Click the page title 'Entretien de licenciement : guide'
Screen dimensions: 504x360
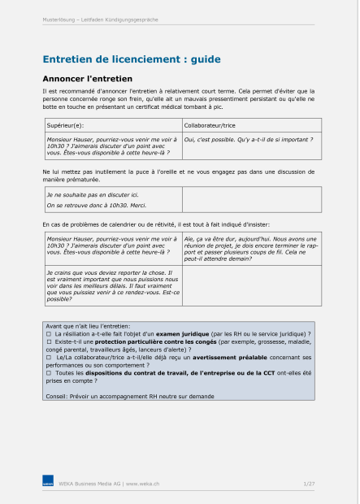(x=131, y=59)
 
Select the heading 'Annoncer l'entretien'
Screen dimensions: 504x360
(x=86, y=78)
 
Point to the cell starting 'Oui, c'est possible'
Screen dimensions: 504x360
(x=249, y=139)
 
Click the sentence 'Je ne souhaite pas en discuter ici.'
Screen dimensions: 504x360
(x=92, y=195)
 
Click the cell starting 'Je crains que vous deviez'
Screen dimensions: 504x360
(x=111, y=285)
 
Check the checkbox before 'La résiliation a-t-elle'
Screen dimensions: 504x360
(x=49, y=334)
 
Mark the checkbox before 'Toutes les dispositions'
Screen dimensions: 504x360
(x=49, y=371)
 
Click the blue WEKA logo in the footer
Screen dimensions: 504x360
(x=48, y=484)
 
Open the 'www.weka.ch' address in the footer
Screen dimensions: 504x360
(x=141, y=484)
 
